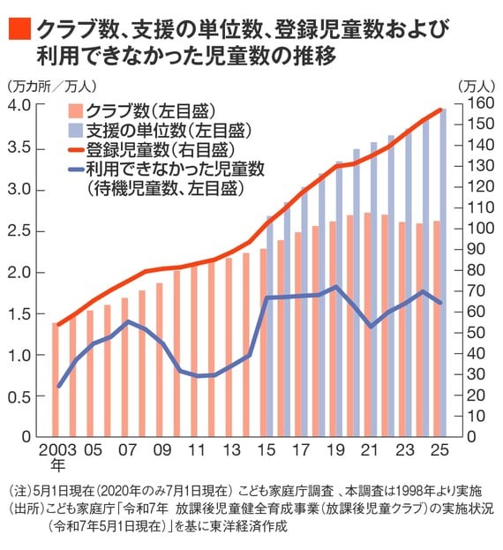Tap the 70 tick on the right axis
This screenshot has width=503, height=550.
472,290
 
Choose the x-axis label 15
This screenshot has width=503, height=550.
264,449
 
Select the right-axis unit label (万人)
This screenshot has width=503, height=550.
477,86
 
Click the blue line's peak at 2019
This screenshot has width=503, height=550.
334,287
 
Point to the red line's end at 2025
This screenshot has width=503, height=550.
440,109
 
